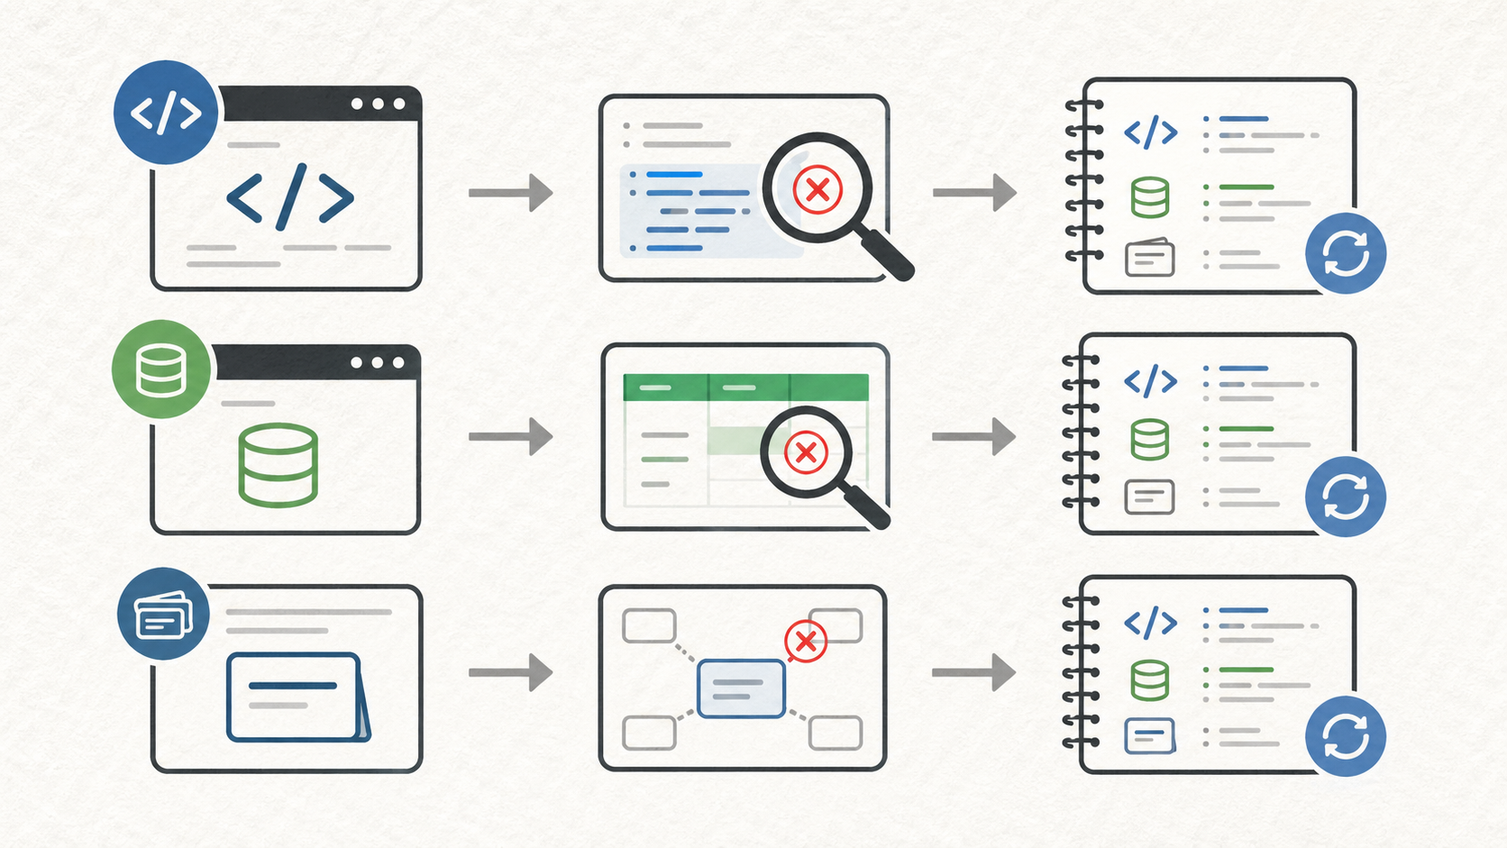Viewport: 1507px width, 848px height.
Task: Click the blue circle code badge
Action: coord(166,113)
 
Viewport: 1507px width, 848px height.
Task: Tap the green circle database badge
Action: coord(161,369)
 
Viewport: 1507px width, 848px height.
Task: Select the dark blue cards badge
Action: coord(163,614)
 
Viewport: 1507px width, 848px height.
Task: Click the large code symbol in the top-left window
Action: coord(289,196)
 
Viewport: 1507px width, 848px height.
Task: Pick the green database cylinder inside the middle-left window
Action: coord(278,465)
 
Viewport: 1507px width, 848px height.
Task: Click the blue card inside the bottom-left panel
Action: coord(296,697)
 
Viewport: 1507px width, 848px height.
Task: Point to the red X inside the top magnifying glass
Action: coord(817,190)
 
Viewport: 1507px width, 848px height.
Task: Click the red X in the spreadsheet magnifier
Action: coord(806,451)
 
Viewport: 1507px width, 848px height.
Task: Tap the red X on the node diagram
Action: coord(806,641)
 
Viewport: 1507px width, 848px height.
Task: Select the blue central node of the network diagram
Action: coord(741,688)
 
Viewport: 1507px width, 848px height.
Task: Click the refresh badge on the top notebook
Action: coord(1346,253)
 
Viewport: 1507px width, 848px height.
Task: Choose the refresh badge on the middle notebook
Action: coord(1346,497)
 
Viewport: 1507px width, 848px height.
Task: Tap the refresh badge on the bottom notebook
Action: coord(1346,736)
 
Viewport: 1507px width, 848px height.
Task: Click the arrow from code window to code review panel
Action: coord(511,193)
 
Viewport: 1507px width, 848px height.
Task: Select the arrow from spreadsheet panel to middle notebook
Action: coord(974,437)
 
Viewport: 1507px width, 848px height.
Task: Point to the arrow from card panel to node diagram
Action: coord(511,673)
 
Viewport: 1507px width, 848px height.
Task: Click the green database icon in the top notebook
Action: coord(1150,197)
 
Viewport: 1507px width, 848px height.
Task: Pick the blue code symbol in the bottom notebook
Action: coord(1150,623)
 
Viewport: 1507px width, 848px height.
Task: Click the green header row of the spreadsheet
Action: coord(745,388)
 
